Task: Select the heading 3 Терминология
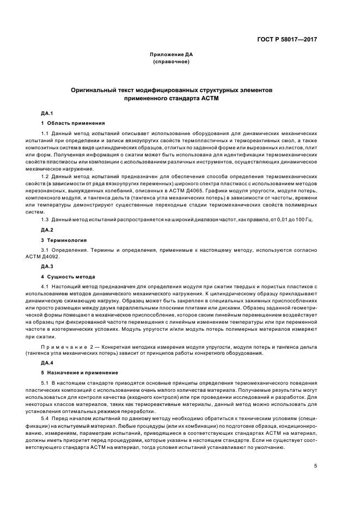tap(64, 240)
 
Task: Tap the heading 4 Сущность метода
tap(68, 276)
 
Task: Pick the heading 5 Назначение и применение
tap(80, 372)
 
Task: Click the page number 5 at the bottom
tap(315, 466)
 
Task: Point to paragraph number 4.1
tap(45, 286)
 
